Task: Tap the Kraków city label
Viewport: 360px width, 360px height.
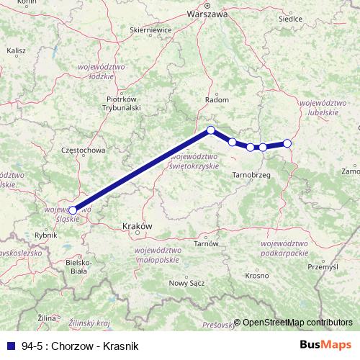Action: click(x=139, y=225)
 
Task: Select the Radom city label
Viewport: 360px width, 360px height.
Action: click(x=217, y=100)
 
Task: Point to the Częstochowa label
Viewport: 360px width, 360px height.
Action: click(x=84, y=150)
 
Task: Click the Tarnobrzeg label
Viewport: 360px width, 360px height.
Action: click(x=251, y=175)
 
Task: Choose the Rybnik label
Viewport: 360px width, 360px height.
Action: click(x=45, y=235)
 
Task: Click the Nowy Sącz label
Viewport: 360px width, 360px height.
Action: click(x=186, y=283)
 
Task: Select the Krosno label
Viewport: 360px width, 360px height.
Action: click(x=257, y=276)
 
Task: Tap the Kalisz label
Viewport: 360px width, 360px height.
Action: click(x=16, y=52)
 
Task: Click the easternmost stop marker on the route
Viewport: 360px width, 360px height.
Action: click(x=287, y=143)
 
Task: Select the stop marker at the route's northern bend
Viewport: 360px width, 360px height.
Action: click(x=211, y=130)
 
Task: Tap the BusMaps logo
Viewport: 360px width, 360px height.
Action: click(x=325, y=345)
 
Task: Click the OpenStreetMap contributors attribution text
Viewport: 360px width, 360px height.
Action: click(x=297, y=323)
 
